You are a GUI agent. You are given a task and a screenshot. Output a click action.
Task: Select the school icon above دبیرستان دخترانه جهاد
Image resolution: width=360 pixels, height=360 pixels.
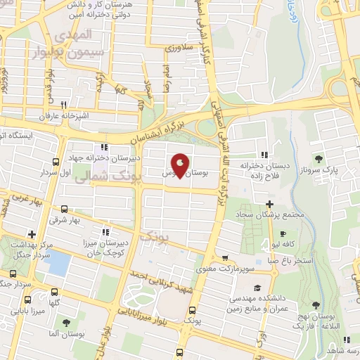105,147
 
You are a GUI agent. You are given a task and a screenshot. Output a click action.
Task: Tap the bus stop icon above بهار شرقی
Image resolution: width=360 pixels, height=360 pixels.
65,209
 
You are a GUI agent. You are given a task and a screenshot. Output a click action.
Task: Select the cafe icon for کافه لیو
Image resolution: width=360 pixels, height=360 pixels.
282,234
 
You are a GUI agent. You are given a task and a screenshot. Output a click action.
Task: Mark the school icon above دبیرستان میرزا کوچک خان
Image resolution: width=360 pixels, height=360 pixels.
105,231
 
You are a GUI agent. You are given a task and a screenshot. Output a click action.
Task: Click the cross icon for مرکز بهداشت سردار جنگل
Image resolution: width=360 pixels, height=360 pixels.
31,234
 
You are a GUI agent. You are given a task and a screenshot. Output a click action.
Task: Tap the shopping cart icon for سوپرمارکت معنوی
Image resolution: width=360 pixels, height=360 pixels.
224,258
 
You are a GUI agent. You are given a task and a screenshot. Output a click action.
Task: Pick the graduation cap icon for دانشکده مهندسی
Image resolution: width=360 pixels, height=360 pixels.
257,288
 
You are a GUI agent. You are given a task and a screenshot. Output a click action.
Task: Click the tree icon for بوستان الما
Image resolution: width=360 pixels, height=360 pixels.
67,323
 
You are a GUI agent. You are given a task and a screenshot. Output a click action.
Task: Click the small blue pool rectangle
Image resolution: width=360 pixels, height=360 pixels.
60,262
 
